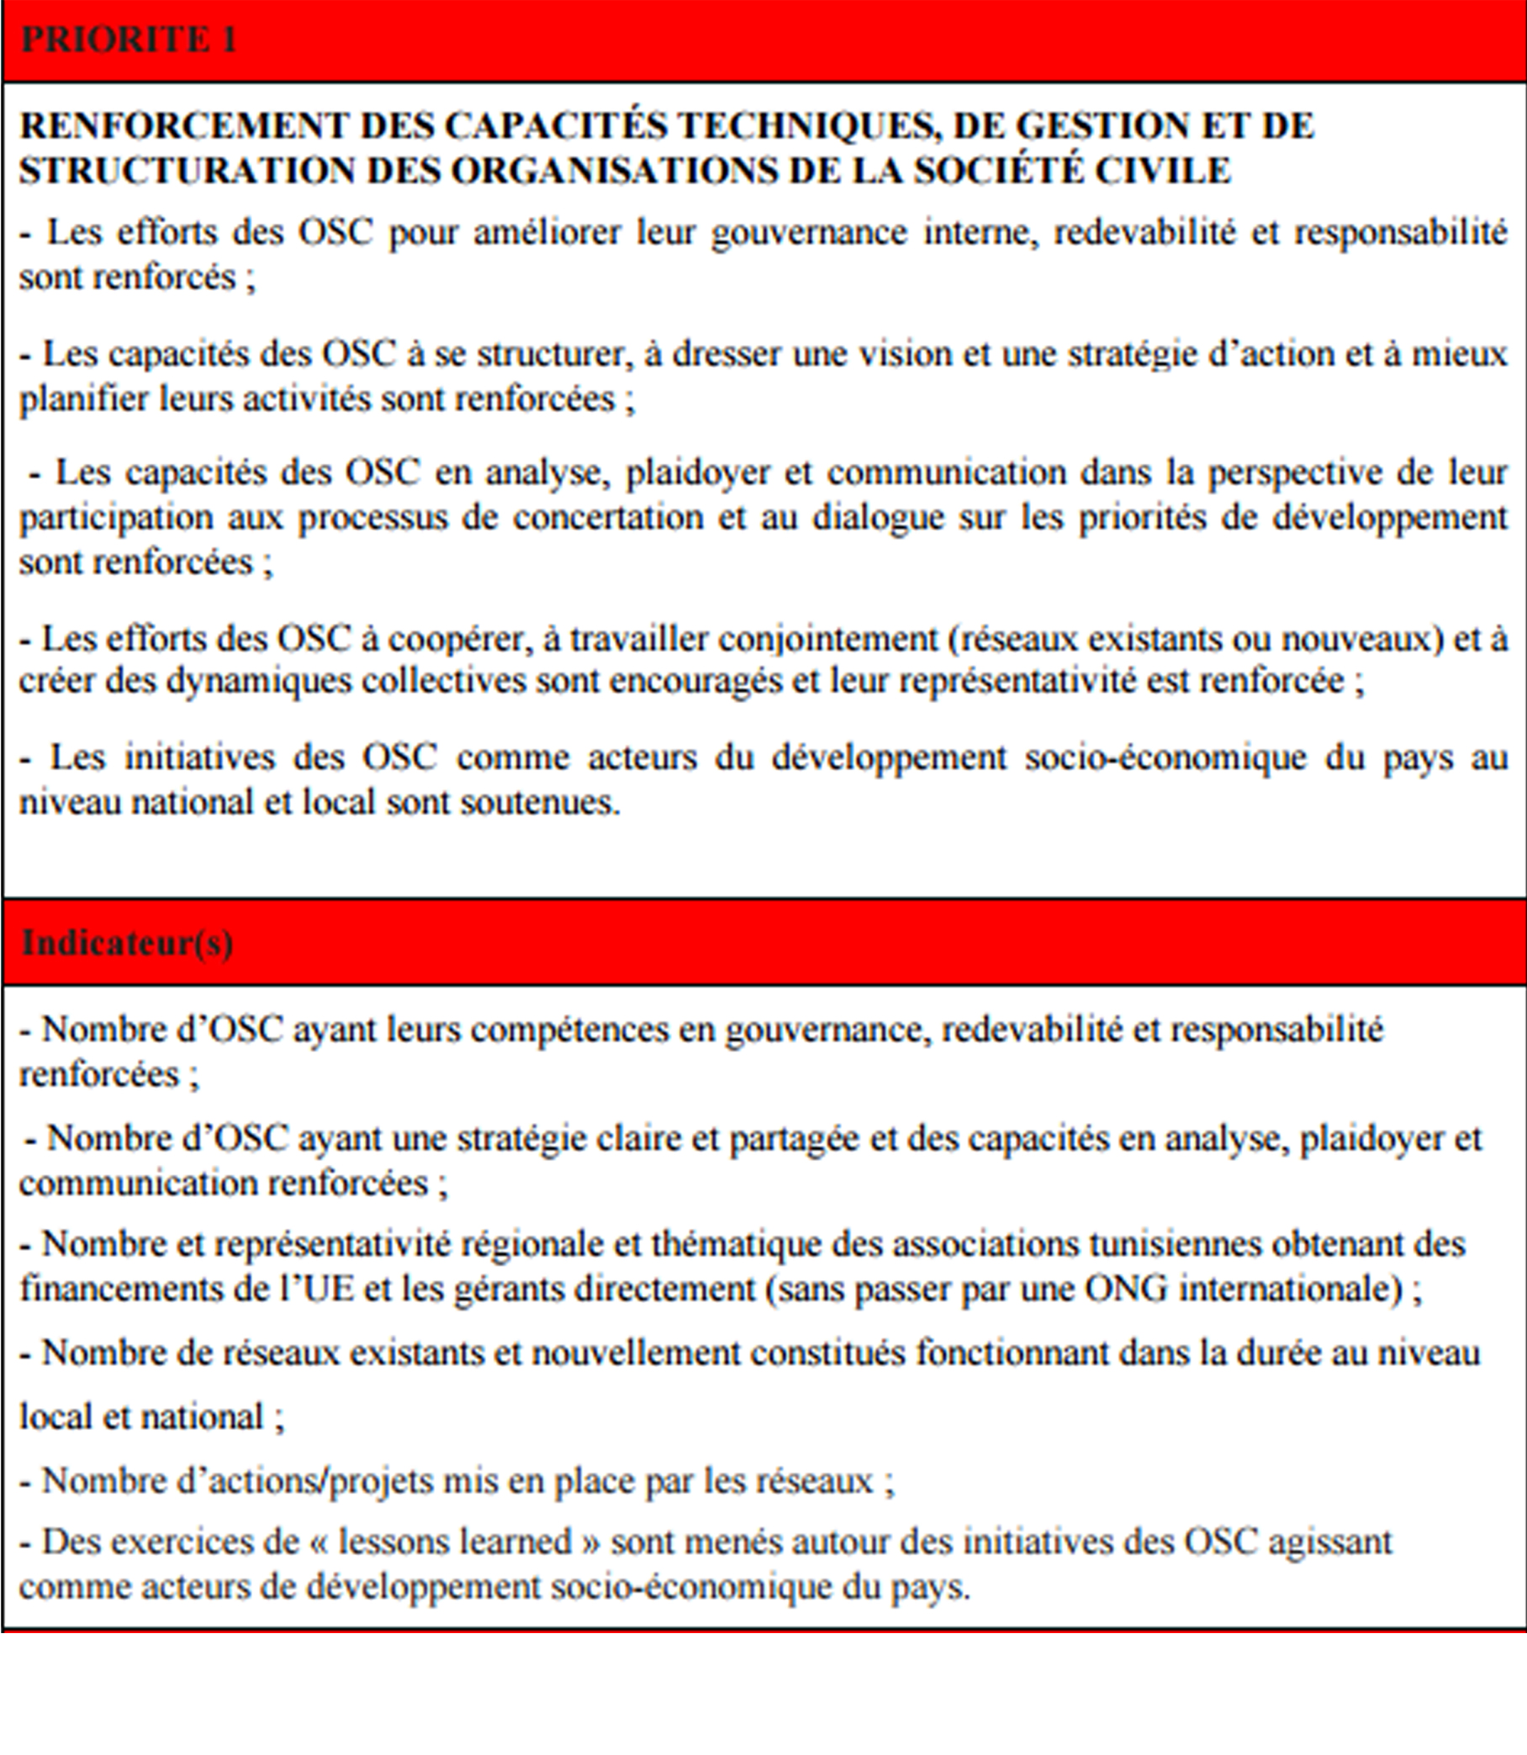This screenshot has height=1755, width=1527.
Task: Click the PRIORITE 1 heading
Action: click(x=128, y=40)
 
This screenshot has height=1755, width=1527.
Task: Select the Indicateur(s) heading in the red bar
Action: click(x=127, y=943)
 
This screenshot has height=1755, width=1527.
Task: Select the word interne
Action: click(x=980, y=233)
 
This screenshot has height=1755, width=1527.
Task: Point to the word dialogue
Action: click(x=878, y=518)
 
